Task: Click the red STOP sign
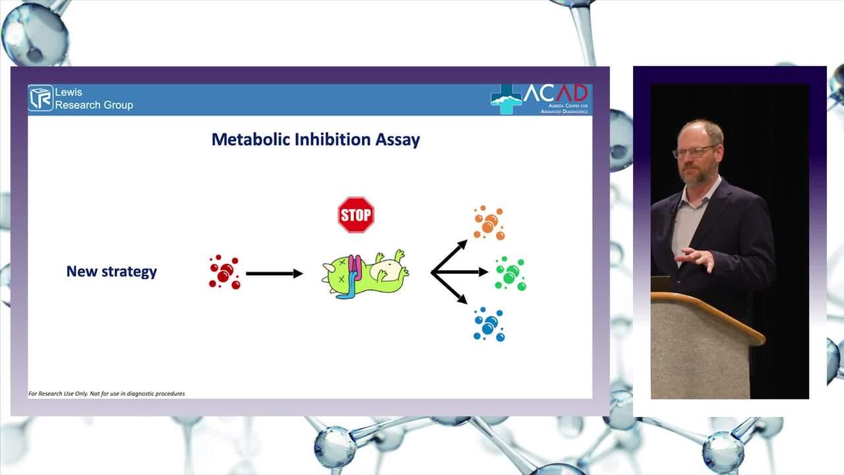tap(356, 215)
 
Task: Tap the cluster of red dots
tap(225, 272)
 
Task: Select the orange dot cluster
tap(489, 223)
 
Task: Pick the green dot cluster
tap(510, 274)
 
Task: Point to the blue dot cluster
tap(489, 324)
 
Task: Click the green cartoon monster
tap(365, 274)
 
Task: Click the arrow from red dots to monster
tap(274, 274)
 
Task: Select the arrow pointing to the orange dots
tap(449, 256)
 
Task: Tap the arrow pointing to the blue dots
tap(449, 288)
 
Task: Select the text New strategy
tap(111, 271)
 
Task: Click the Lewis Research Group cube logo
tap(41, 98)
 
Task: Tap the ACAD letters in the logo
tap(556, 93)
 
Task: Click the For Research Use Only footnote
tap(107, 394)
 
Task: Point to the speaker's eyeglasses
tap(692, 152)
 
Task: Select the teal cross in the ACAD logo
tap(506, 99)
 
